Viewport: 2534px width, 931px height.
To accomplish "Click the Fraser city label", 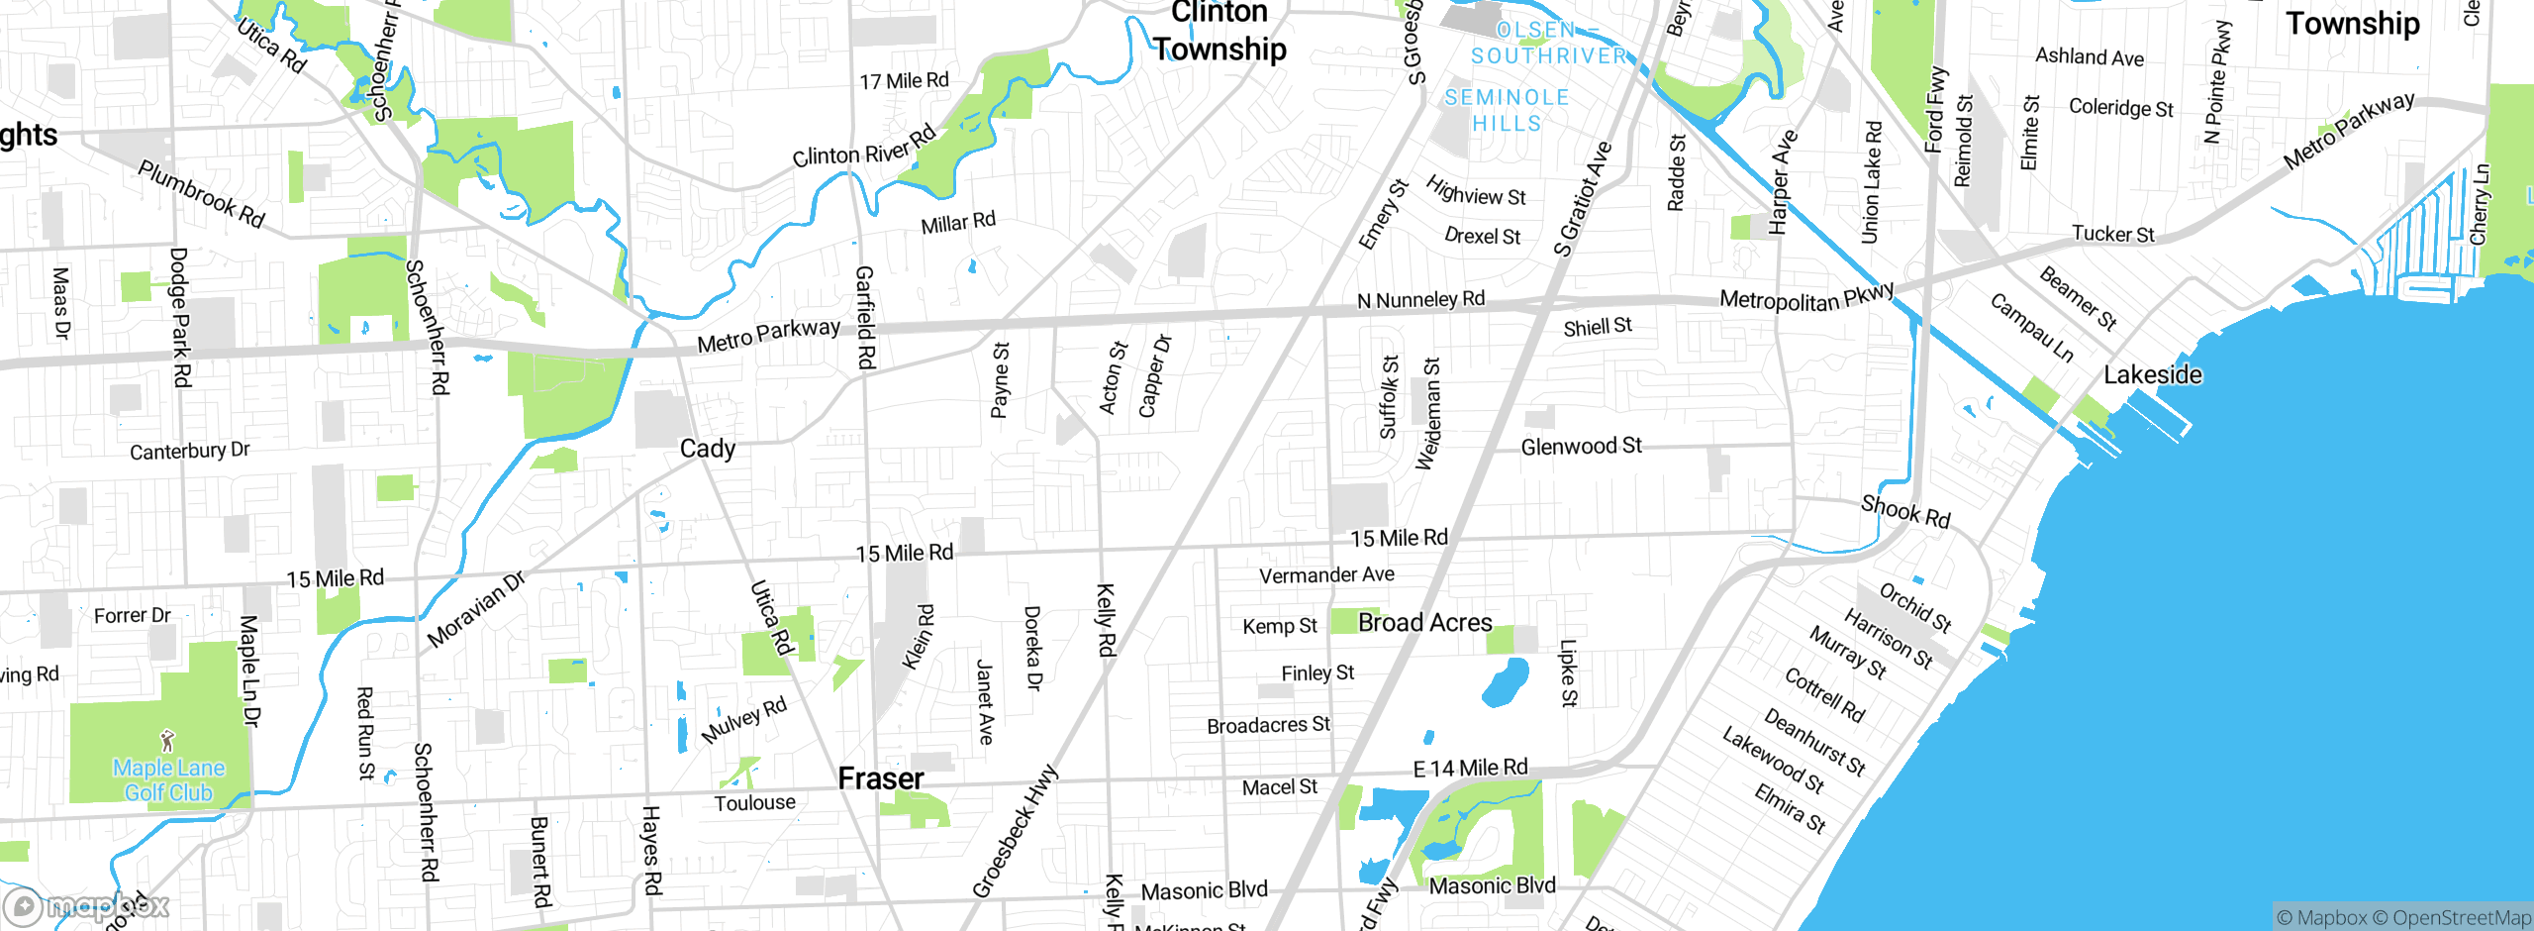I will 880,778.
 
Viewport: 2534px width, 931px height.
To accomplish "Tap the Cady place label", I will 708,449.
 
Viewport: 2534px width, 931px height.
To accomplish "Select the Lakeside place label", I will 2153,374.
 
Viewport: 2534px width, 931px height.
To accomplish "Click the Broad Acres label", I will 1424,622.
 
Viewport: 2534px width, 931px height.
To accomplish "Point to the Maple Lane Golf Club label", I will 168,780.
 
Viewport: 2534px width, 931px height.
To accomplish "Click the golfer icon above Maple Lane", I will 167,741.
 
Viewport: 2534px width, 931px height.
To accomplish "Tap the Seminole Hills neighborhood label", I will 1507,110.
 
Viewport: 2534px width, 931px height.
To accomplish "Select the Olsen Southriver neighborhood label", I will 1548,43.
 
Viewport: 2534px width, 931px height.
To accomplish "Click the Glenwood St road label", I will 1581,447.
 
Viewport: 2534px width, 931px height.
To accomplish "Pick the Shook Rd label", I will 1905,511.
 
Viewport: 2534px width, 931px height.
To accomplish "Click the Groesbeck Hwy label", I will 1015,832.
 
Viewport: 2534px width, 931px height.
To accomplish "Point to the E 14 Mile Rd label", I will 1470,768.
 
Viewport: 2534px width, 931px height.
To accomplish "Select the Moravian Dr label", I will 476,610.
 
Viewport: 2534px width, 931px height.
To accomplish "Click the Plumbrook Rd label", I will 201,194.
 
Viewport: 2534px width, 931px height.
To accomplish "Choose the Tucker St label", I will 2112,234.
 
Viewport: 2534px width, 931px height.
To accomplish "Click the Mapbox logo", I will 87,905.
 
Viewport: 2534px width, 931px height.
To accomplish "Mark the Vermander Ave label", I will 1326,574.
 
